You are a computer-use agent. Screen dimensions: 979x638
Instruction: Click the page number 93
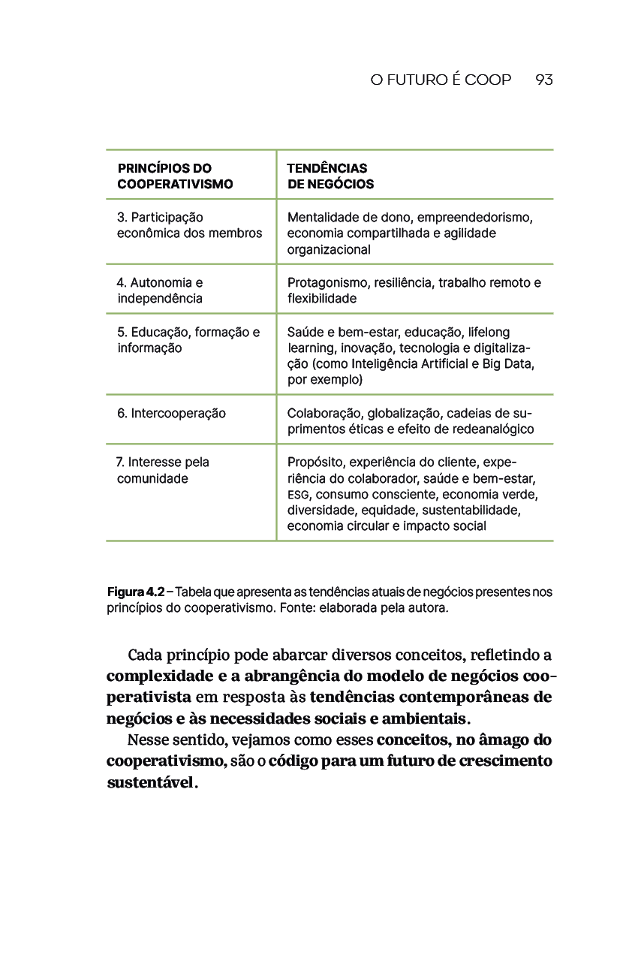[x=544, y=80]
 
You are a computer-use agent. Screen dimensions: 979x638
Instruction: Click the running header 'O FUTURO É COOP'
[x=441, y=80]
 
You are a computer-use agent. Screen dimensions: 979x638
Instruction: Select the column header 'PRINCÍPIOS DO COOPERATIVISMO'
[x=175, y=176]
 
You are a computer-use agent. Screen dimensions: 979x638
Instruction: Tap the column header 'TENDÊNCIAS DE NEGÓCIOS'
[x=330, y=176]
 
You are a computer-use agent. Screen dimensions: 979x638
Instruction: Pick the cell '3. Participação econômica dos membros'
[x=189, y=225]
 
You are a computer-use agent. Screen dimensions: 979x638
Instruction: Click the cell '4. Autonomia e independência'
[x=160, y=291]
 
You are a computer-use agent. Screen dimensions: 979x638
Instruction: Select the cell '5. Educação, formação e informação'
[x=188, y=339]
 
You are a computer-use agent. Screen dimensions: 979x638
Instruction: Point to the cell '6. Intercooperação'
[x=171, y=413]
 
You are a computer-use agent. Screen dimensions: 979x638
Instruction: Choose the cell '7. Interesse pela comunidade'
[x=163, y=470]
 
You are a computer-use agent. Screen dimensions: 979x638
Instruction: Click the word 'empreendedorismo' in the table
[x=480, y=218]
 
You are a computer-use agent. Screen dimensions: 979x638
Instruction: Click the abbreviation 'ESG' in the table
[x=298, y=495]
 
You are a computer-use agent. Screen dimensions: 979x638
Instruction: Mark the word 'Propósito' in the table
[x=314, y=462]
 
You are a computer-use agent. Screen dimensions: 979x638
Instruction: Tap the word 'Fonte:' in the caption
[x=298, y=607]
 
